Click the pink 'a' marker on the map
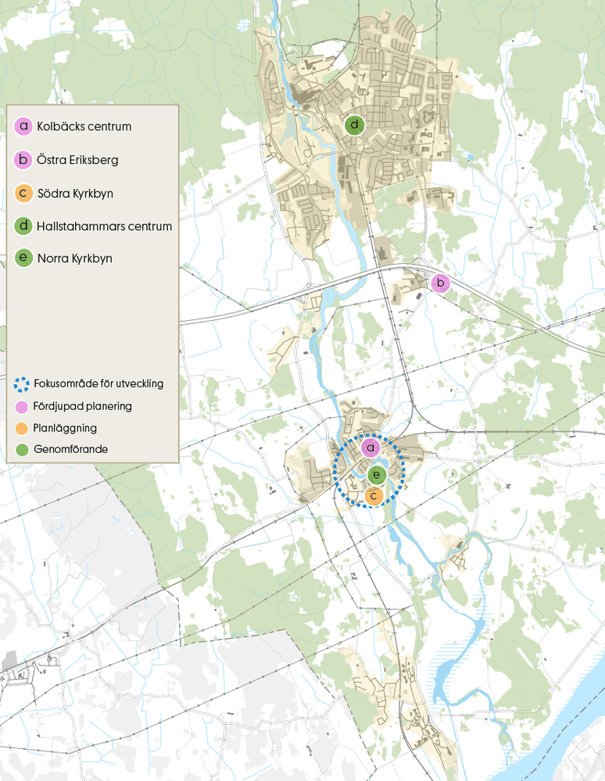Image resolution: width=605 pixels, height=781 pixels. [371, 448]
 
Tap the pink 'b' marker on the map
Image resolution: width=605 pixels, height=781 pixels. [441, 283]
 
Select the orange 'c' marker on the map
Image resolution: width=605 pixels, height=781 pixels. [374, 495]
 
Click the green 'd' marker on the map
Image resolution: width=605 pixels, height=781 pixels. [355, 124]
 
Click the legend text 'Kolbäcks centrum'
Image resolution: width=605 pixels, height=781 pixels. [84, 127]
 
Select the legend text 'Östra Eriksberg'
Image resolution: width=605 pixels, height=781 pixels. [77, 160]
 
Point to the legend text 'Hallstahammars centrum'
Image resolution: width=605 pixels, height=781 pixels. [104, 226]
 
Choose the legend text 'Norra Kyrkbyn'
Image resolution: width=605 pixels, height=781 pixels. [74, 259]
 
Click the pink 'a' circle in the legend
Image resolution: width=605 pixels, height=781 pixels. [23, 127]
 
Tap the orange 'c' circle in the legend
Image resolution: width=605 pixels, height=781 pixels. [23, 193]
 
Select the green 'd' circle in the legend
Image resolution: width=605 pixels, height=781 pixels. [23, 226]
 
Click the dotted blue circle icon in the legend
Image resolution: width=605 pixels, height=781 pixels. [23, 384]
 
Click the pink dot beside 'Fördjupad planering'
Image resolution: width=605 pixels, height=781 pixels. [23, 406]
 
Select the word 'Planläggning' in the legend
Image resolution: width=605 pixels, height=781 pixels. [66, 428]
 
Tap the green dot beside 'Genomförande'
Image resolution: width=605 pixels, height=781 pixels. [23, 450]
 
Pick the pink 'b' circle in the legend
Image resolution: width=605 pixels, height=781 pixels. [23, 160]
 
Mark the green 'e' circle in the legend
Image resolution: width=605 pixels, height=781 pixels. [23, 259]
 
